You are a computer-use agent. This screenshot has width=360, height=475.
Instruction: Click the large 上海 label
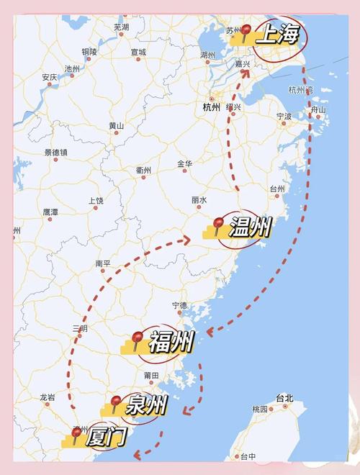click(x=276, y=34)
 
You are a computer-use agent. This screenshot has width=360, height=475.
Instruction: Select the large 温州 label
click(x=250, y=228)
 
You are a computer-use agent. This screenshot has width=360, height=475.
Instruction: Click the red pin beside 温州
click(x=219, y=224)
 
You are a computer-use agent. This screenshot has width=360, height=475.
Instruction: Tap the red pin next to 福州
click(x=138, y=338)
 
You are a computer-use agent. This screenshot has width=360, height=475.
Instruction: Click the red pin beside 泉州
click(x=115, y=402)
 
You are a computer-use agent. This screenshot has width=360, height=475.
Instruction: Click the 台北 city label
click(x=284, y=398)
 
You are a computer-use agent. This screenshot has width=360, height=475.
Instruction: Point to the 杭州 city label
click(x=211, y=107)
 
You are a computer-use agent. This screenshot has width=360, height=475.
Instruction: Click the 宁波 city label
click(x=284, y=115)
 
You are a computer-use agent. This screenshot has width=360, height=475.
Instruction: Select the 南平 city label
click(x=104, y=264)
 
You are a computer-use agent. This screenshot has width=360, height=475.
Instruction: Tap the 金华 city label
click(x=185, y=164)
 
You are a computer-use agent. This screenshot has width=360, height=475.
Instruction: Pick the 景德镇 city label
click(x=55, y=153)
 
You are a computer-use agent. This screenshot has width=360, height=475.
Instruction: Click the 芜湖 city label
click(x=121, y=27)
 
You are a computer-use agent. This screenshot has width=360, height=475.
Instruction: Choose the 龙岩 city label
click(x=48, y=397)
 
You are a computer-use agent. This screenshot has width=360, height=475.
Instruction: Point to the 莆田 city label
click(x=151, y=376)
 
